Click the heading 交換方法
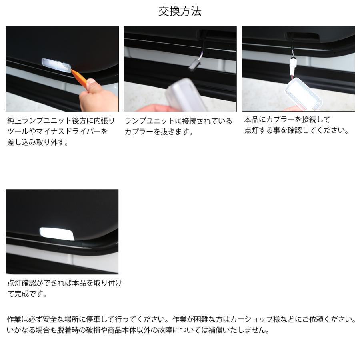point(180,11)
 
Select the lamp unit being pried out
point(56,64)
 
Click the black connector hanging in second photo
point(194,64)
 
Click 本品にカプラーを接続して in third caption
point(287,120)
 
